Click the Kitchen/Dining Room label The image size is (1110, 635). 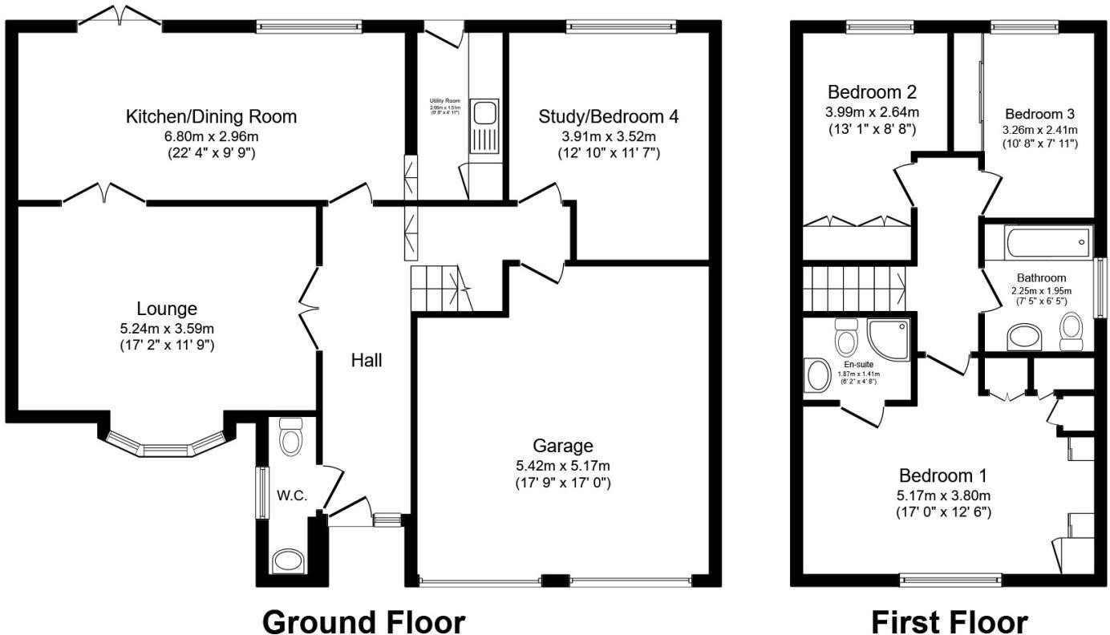pos(211,116)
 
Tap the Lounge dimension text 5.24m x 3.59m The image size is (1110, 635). pos(167,329)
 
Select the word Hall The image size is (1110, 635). pos(367,361)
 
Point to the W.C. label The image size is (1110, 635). pos(292,495)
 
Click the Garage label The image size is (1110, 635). pos(563,446)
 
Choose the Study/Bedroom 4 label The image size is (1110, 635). pos(609,117)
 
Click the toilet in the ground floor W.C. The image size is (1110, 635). pos(290,437)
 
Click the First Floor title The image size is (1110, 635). pos(949,621)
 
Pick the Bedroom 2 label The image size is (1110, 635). pos(873,91)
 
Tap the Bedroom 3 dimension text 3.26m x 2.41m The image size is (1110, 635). pos(1040,130)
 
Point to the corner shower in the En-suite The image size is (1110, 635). pos(889,338)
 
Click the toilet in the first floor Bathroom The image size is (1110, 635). pos(1072,330)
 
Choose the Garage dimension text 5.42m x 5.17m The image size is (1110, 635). pos(563,465)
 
